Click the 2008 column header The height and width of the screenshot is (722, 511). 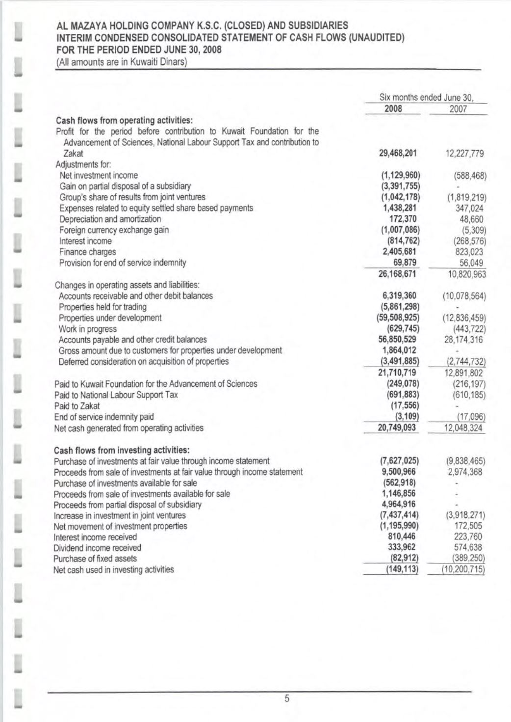393,108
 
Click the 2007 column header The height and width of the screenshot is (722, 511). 458,109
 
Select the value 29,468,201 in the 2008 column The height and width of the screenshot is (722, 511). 398,153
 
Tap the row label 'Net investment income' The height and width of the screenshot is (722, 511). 99,175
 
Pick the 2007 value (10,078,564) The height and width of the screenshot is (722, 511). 464,296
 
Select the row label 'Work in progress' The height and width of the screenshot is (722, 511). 88,329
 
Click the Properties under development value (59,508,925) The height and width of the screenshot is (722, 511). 397,318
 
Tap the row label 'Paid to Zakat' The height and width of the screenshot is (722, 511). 77,406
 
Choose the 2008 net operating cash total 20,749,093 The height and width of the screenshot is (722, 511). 397,428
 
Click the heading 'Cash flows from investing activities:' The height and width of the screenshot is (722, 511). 122,450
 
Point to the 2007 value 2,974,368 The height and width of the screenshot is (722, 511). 465,472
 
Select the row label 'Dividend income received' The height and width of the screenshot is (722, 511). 97,548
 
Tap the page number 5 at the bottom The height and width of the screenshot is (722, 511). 287,699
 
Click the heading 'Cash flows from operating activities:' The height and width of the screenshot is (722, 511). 125,120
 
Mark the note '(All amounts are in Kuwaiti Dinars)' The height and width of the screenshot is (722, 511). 122,62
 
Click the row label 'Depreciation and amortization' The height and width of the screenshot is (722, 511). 110,219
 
